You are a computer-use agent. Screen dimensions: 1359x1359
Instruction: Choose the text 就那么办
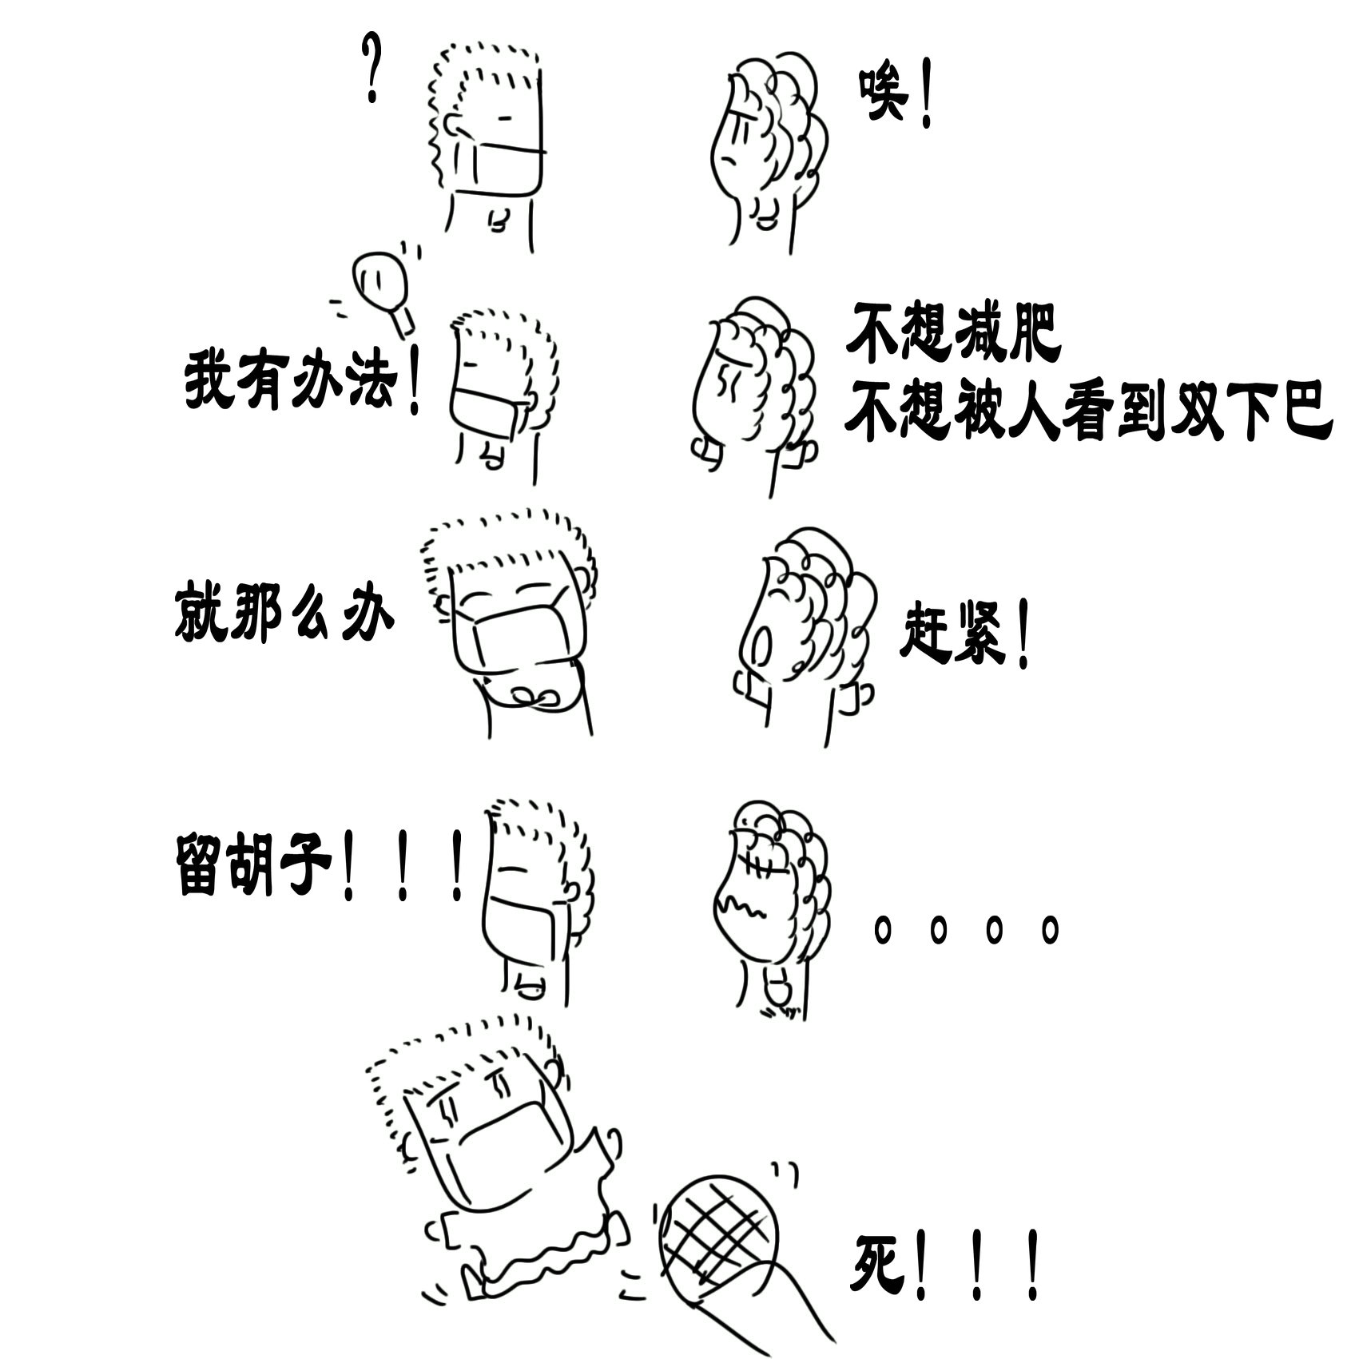tap(284, 614)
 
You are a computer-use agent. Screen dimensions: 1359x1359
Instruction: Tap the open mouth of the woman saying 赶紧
tap(762, 642)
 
